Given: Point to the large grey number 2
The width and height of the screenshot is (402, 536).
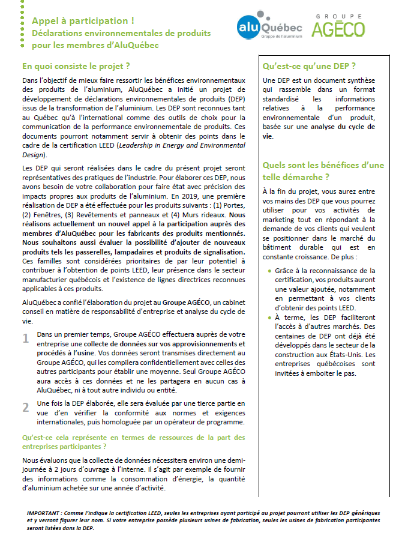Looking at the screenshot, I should point(26,407).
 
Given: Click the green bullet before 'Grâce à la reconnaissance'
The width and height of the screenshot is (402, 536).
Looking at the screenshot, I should point(269,271).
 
